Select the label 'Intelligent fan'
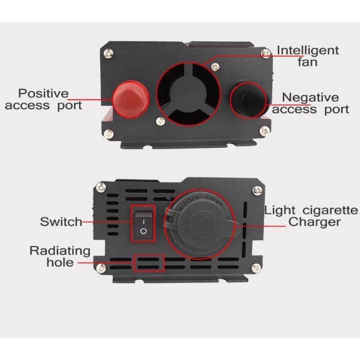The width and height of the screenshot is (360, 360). (308, 56)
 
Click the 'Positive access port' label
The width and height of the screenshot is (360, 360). (44, 99)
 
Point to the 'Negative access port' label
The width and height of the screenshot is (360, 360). (310, 104)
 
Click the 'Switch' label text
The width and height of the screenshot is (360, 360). (61, 222)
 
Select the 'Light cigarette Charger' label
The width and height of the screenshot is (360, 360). (311, 216)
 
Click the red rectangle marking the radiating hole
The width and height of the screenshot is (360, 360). (148, 263)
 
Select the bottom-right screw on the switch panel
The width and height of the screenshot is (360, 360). (254, 268)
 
